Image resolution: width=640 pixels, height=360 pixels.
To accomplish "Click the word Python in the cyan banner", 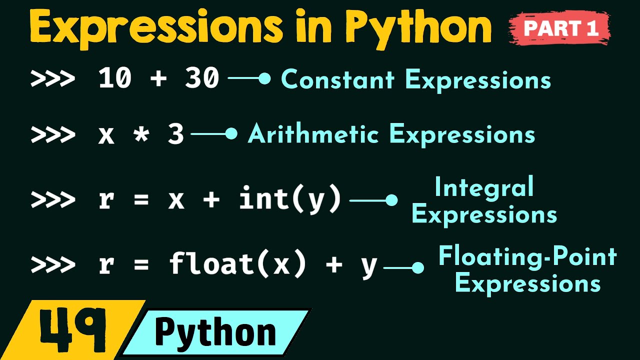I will (215, 332).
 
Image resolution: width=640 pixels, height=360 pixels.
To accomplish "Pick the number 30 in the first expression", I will (202, 79).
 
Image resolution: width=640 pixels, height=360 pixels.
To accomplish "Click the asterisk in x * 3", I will (141, 134).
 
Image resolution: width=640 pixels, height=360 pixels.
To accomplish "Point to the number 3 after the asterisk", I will (175, 134).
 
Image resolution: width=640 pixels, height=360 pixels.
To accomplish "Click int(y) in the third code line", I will (290, 199).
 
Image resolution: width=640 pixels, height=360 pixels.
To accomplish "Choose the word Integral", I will (484, 188).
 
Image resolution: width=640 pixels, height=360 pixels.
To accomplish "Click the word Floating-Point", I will (527, 257).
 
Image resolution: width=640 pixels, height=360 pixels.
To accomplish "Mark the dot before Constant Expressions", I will (265, 78).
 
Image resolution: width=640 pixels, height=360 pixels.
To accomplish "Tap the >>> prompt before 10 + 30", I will (52, 79).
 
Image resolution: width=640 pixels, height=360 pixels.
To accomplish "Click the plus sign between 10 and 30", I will (158, 79).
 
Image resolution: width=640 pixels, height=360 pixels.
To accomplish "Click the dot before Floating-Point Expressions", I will (418, 268).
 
